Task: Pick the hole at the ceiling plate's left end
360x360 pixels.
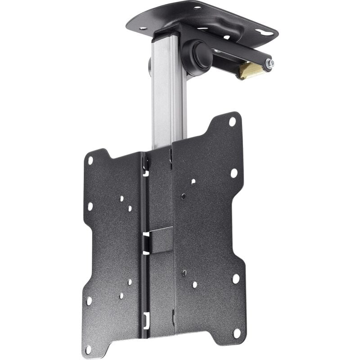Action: (143, 28)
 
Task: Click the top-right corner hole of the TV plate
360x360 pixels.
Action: (232, 121)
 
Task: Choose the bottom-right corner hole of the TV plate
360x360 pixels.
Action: (237, 333)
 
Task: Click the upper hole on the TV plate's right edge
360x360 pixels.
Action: (234, 173)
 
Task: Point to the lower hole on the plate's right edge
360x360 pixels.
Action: (236, 279)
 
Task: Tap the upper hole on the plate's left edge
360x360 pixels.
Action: (90, 207)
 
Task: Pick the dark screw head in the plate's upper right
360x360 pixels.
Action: (184, 196)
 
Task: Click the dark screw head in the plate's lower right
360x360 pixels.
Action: (184, 273)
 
